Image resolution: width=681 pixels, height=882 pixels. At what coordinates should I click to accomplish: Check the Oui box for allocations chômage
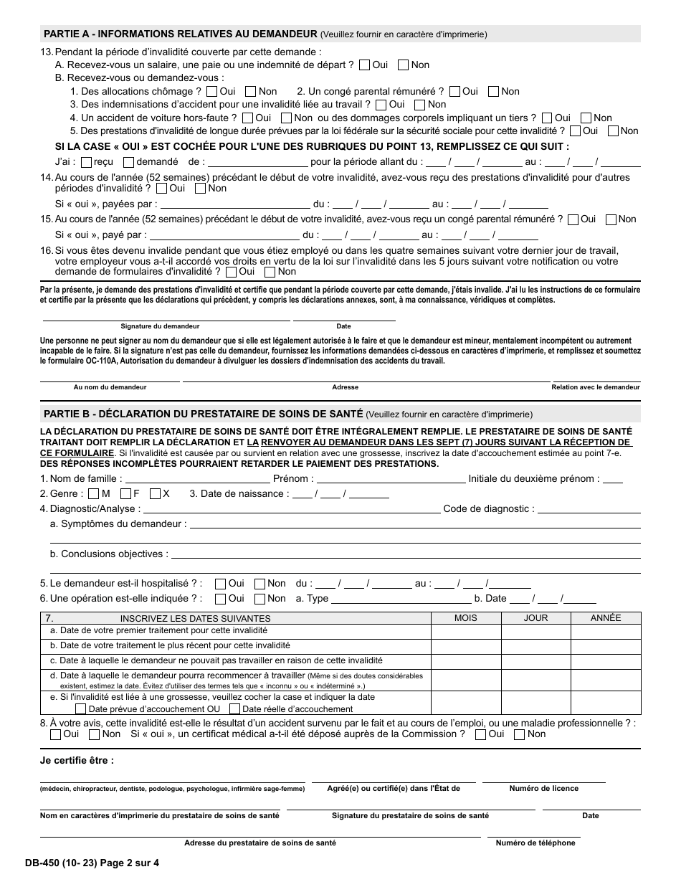point(211,92)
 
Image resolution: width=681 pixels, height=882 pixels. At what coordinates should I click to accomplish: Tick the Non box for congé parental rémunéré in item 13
point(494,92)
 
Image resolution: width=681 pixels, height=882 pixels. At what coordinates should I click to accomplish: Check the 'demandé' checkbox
point(128,162)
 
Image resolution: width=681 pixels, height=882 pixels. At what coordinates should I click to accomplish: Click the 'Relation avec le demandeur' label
point(595,387)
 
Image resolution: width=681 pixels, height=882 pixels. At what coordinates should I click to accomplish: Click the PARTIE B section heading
point(204,414)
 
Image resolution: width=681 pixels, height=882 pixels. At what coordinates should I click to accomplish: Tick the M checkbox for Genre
point(94,494)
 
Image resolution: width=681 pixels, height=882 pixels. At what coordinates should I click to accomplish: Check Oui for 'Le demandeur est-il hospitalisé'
point(220,584)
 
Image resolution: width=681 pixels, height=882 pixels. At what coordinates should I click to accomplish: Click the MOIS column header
point(466,618)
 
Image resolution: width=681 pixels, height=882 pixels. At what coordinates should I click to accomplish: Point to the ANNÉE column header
point(606,618)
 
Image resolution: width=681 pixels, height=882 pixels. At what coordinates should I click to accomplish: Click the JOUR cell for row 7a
point(535,631)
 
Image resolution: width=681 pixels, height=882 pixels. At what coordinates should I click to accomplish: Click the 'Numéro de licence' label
point(543,789)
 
